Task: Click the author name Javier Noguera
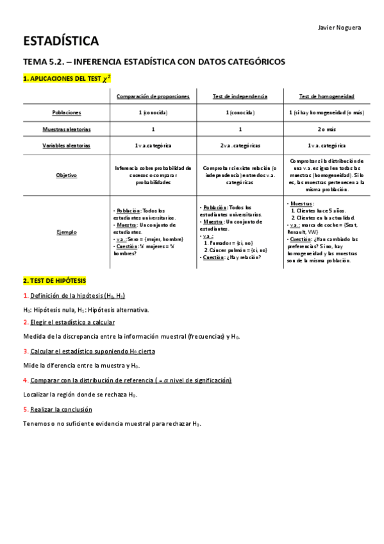click(339, 28)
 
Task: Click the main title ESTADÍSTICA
click(61, 42)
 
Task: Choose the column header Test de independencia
click(240, 96)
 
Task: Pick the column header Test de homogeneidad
click(326, 96)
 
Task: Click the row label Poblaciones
click(67, 112)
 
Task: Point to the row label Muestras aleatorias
click(67, 129)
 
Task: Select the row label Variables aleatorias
click(67, 146)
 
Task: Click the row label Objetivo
click(67, 174)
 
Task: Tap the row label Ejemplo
click(67, 232)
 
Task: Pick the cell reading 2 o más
click(326, 129)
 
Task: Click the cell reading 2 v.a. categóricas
click(240, 146)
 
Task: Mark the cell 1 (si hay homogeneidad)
click(326, 112)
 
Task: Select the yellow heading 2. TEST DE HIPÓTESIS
click(54, 281)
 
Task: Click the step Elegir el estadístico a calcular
click(72, 322)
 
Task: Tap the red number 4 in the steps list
click(25, 380)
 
